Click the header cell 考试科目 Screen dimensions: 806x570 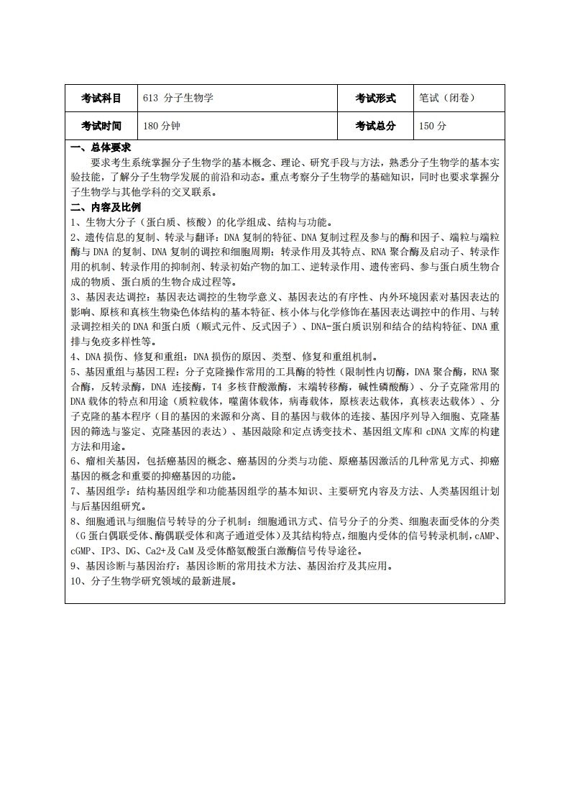click(101, 99)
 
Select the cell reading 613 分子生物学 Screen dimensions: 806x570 click(178, 99)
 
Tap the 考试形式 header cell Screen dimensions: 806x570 click(375, 99)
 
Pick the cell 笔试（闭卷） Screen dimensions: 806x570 click(447, 99)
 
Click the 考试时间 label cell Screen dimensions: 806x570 click(101, 126)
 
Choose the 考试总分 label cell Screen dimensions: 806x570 click(375, 126)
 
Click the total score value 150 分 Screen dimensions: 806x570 click(433, 126)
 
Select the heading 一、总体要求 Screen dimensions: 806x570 click(100, 148)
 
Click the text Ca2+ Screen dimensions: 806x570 click(161, 551)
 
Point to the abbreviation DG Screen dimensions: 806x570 click(139, 551)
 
